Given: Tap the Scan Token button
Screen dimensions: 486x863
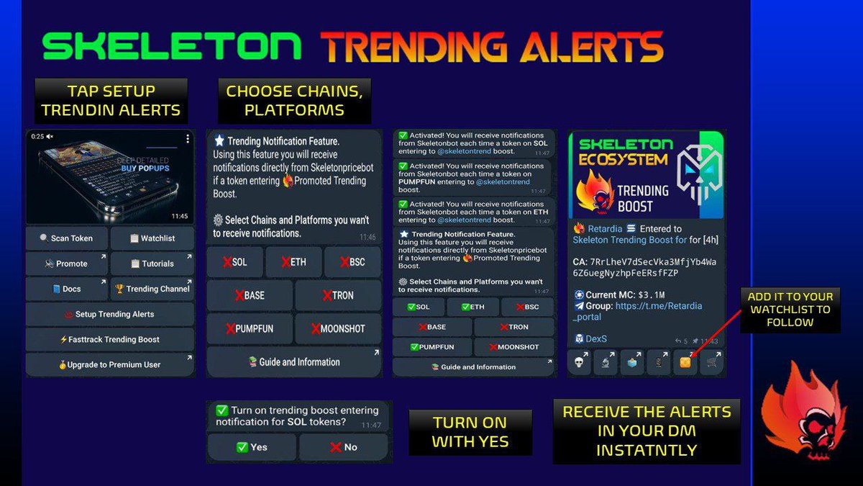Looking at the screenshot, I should click(x=67, y=238).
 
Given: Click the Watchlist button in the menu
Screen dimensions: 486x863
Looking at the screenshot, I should click(x=152, y=238).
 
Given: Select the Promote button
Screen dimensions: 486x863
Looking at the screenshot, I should click(x=67, y=264).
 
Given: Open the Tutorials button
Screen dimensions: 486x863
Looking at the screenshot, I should click(x=152, y=264).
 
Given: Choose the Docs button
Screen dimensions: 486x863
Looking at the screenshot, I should click(x=67, y=289).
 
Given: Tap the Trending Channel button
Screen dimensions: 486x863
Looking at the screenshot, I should click(x=152, y=289).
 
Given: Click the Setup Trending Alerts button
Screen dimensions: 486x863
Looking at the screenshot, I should click(x=110, y=314).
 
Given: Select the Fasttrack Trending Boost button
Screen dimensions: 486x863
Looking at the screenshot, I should click(x=110, y=339).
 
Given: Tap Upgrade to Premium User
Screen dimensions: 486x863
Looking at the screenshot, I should click(x=110, y=364).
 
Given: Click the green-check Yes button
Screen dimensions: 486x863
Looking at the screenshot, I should click(x=251, y=447).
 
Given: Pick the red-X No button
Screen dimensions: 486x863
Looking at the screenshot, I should click(x=344, y=447).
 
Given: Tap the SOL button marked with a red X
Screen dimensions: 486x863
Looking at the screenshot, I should click(x=234, y=262).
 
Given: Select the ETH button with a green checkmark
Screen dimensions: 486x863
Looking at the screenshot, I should click(x=473, y=307).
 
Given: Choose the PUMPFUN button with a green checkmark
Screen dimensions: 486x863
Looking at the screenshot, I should click(x=431, y=347).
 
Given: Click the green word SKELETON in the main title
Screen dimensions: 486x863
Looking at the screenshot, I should click(x=172, y=47).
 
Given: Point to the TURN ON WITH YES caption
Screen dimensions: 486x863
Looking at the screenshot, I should click(x=470, y=432).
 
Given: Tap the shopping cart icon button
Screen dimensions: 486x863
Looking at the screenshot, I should click(x=712, y=362).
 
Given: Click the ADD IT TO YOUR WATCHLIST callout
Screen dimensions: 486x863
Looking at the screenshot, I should click(x=790, y=310).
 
